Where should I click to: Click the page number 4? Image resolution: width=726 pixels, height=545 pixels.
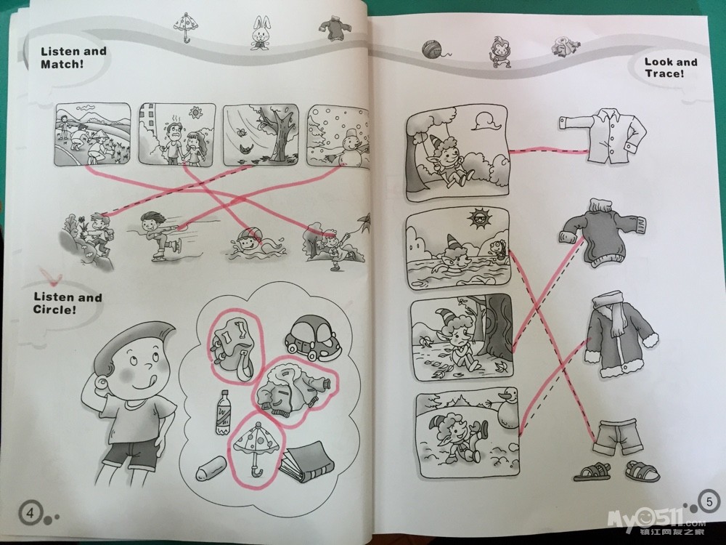(x=30, y=513)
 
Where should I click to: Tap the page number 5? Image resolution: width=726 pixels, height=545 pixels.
(x=709, y=501)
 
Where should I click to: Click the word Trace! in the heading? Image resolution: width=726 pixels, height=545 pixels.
(x=664, y=73)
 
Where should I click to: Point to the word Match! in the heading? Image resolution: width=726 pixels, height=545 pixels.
(x=62, y=64)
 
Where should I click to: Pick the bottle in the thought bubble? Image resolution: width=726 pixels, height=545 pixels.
(x=223, y=412)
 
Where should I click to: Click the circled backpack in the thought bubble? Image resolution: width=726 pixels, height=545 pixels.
(x=232, y=347)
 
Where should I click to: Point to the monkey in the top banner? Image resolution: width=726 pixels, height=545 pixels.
(x=500, y=52)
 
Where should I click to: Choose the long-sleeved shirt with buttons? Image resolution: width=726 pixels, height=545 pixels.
(x=603, y=135)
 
